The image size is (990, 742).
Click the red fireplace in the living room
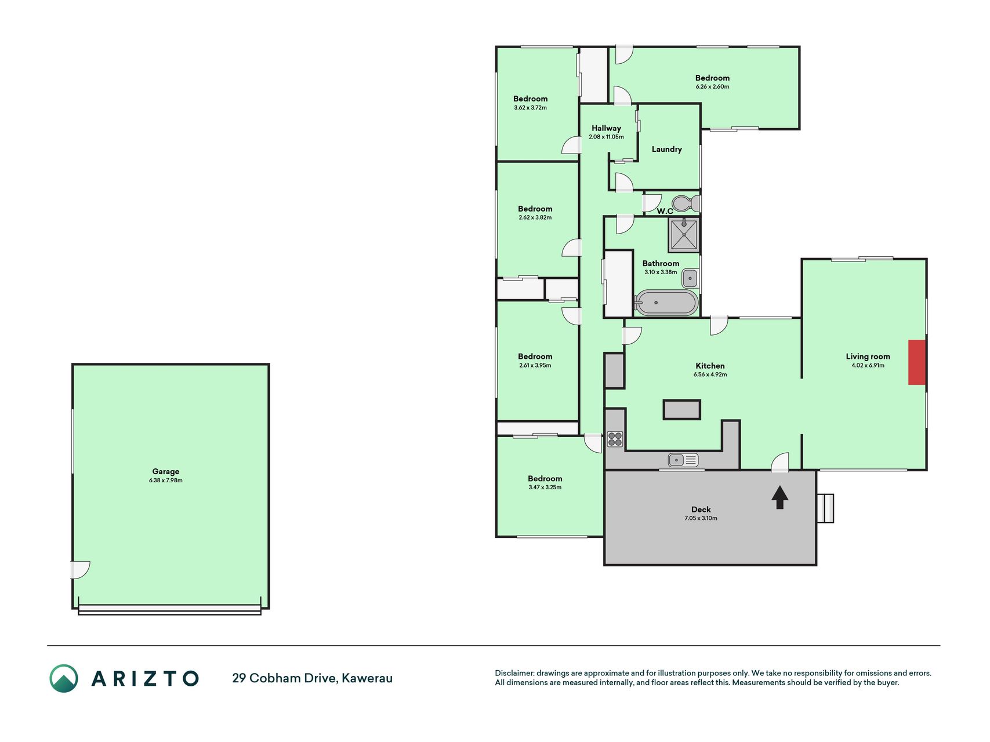pyautogui.click(x=917, y=362)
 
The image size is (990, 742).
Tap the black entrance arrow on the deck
pyautogui.click(x=779, y=497)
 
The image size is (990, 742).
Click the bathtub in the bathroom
pyautogui.click(x=666, y=303)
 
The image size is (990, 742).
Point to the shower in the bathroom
pyautogui.click(x=684, y=235)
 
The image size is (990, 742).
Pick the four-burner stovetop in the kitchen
pyautogui.click(x=615, y=439)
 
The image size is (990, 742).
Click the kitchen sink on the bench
pyautogui.click(x=683, y=460)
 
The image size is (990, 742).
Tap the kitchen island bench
pyautogui.click(x=682, y=409)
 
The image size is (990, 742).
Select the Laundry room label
pyautogui.click(x=666, y=149)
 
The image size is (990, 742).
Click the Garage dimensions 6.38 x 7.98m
pyautogui.click(x=166, y=481)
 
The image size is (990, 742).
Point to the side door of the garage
pyautogui.click(x=81, y=570)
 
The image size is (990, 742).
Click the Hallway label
pyautogui.click(x=606, y=128)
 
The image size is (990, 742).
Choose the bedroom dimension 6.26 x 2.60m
pyautogui.click(x=712, y=87)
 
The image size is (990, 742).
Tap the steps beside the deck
pyautogui.click(x=825, y=508)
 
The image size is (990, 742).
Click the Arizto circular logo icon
pyautogui.click(x=64, y=678)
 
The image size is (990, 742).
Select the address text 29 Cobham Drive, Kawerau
pyautogui.click(x=312, y=678)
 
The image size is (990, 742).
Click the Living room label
pyautogui.click(x=868, y=357)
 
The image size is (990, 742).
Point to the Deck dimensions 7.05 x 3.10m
pyautogui.click(x=701, y=518)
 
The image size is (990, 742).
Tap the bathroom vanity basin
pyautogui.click(x=690, y=278)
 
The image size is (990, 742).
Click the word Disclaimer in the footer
pyautogui.click(x=514, y=673)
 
